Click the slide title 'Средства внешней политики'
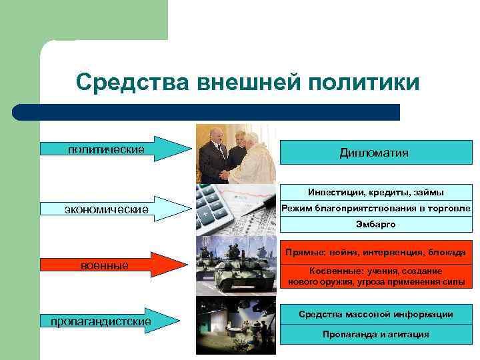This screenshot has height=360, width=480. point(247,83)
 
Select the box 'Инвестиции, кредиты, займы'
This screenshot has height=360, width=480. point(375,193)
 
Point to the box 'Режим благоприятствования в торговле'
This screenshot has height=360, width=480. point(375,209)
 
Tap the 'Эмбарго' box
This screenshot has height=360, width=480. point(375,225)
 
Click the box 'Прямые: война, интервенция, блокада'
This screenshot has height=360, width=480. point(375,253)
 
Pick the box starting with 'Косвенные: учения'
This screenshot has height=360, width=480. point(375,277)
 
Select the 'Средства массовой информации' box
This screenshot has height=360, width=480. point(375,314)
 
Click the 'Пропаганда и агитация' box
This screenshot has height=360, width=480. point(375,334)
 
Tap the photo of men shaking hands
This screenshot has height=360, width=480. point(235,154)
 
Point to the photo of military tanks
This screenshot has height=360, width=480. point(235,265)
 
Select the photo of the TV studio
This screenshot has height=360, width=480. point(235,325)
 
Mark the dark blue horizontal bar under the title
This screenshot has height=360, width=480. point(207,112)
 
